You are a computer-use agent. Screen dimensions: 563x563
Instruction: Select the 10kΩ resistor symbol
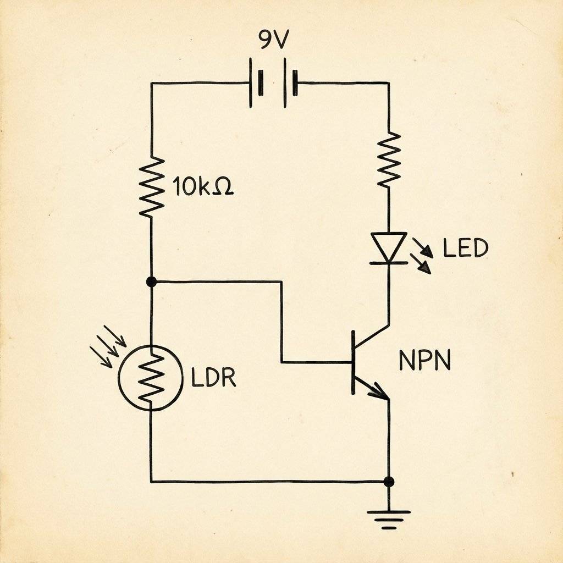point(152,186)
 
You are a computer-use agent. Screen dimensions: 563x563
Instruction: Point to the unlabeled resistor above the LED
point(389,159)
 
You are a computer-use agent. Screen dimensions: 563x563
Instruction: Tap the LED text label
point(466,249)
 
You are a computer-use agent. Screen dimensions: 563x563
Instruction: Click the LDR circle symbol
point(150,377)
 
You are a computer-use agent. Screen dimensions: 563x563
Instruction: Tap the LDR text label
point(213,378)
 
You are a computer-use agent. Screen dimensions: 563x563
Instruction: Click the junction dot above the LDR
point(152,281)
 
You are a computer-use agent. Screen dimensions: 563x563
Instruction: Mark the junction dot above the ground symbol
point(389,482)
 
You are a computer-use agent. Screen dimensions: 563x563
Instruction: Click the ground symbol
point(389,518)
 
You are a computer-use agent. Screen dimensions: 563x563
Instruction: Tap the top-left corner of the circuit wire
point(152,84)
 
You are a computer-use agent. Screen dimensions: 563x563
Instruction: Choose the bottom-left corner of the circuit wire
point(152,482)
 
